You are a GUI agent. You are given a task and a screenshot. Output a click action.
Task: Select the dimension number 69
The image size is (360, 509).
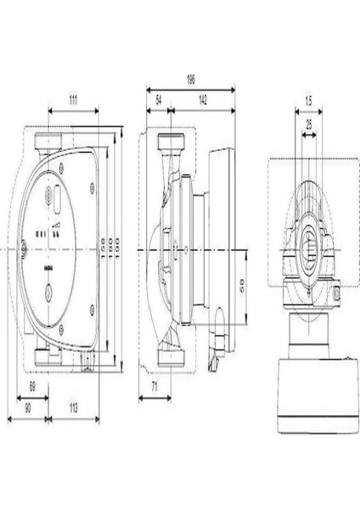(32, 387)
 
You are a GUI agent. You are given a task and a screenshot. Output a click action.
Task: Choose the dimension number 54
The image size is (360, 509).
(158, 100)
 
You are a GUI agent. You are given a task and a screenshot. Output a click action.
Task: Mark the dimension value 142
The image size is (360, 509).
(204, 100)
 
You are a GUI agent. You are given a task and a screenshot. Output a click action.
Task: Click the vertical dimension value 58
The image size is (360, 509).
(243, 286)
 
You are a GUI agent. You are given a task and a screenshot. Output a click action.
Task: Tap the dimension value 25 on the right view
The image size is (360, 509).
(308, 123)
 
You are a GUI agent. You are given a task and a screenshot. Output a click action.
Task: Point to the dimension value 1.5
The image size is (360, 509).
(308, 101)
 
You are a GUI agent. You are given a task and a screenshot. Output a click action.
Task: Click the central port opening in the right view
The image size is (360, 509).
(308, 250)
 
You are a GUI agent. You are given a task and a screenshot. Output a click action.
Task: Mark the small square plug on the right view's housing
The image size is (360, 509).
(339, 295)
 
